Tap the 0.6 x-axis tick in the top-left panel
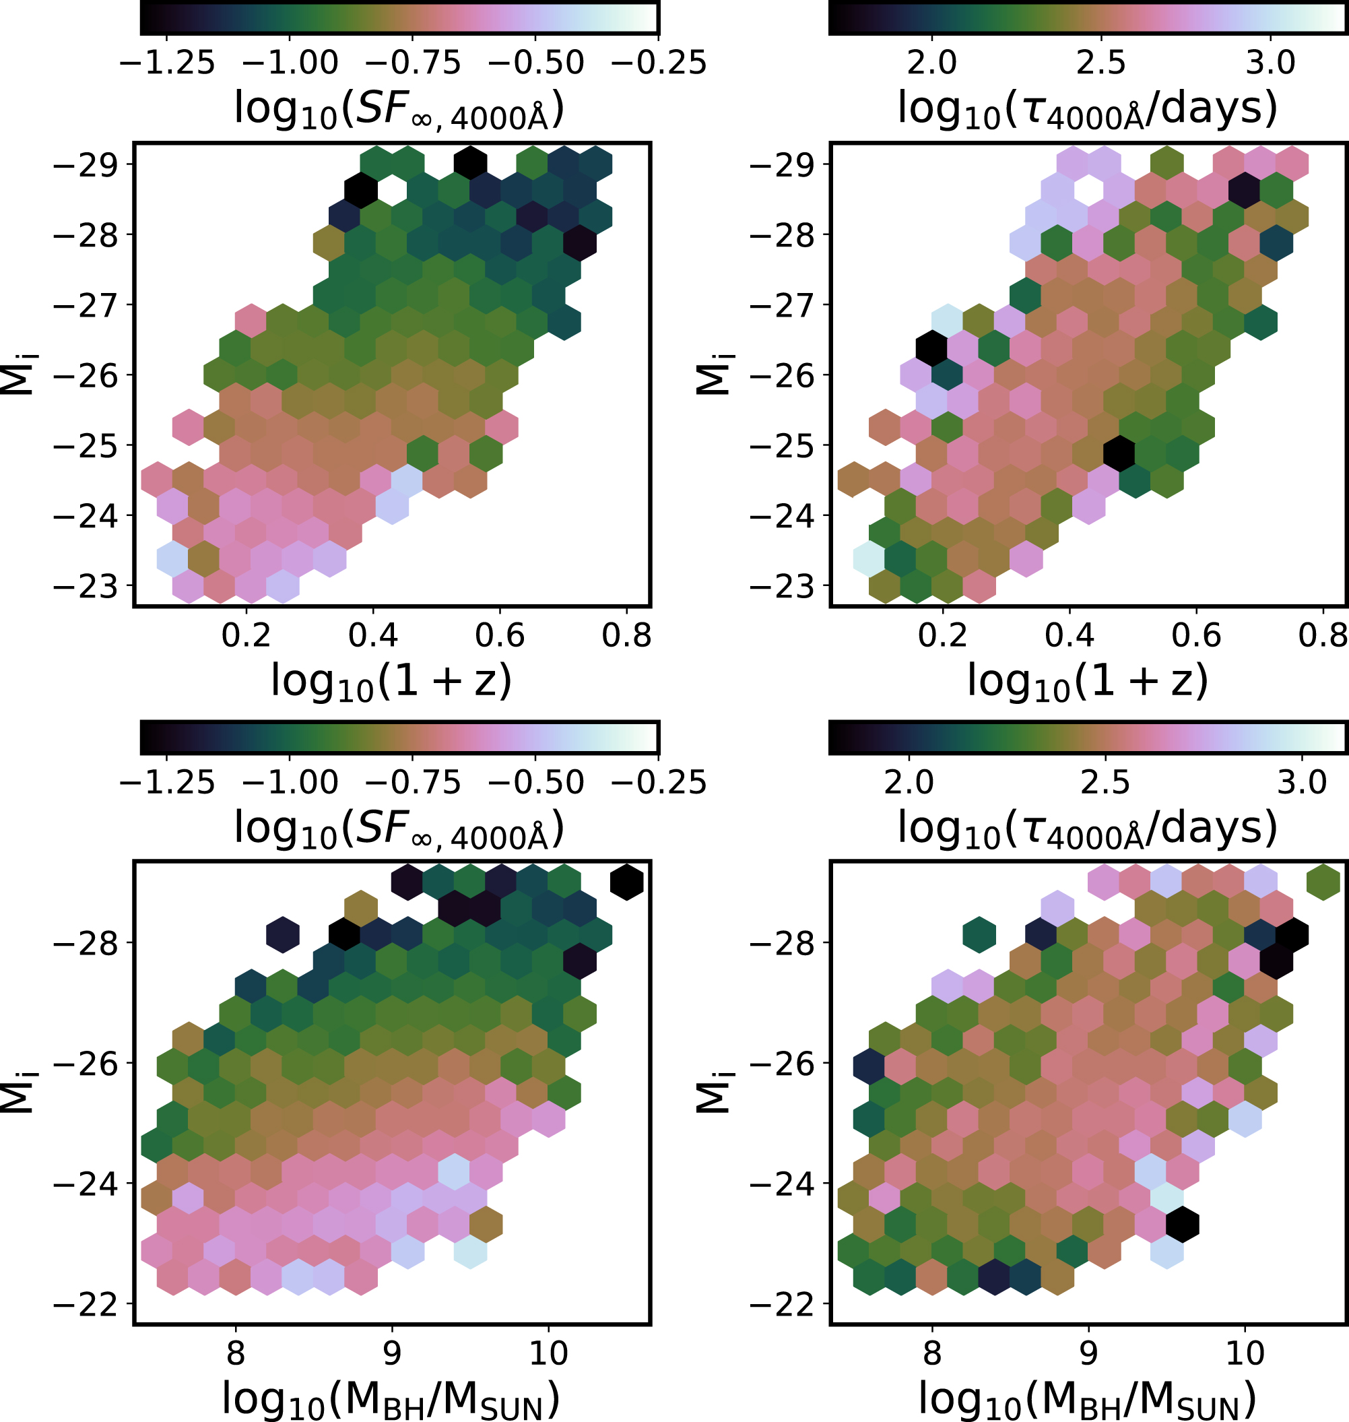tap(500, 636)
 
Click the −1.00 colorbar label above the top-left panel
tap(290, 63)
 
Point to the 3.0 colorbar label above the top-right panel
tap(1271, 63)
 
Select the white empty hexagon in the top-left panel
tap(392, 190)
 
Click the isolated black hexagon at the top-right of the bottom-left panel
tap(626, 882)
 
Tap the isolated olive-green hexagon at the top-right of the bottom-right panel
tap(1323, 882)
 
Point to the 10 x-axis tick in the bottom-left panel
tap(549, 1354)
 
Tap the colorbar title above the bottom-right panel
tap(1086, 829)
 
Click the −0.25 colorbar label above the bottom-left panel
tap(659, 783)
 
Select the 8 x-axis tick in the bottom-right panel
tap(932, 1354)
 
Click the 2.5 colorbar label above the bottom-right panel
tap(1105, 783)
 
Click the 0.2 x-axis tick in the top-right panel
tap(943, 636)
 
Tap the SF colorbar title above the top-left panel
tap(399, 110)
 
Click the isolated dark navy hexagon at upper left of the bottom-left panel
tap(283, 935)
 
